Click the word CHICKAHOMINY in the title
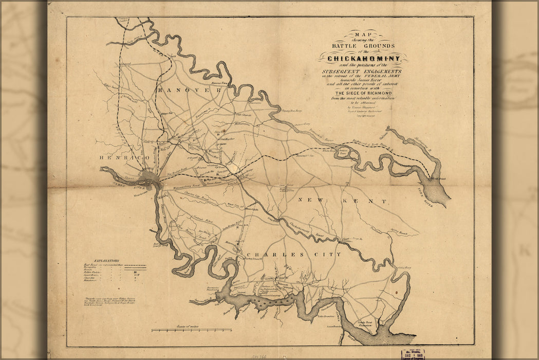pyautogui.click(x=363, y=59)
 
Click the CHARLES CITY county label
pyautogui.click(x=293, y=255)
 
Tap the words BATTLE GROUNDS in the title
pyautogui.click(x=363, y=45)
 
